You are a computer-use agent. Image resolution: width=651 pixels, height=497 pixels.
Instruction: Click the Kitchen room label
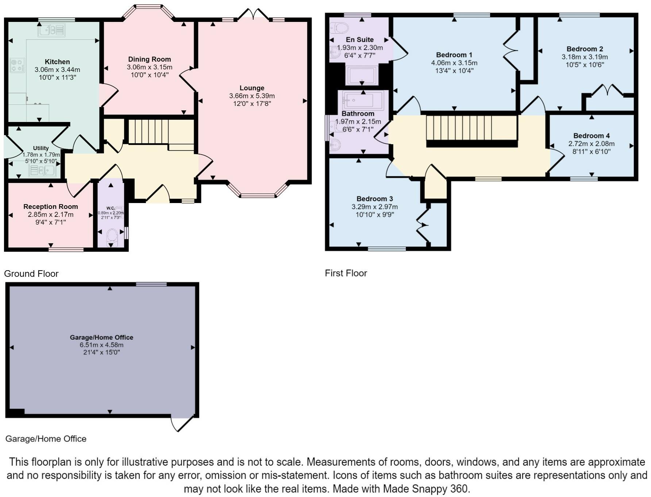57,62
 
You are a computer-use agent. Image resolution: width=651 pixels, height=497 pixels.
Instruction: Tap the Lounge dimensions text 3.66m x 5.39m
252,96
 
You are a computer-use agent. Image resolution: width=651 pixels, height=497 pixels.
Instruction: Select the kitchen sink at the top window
52,30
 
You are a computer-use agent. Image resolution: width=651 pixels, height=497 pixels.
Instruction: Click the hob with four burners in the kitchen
17,65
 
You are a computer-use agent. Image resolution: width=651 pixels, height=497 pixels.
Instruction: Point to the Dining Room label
150,59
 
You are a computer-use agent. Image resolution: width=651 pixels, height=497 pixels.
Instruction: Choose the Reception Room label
51,207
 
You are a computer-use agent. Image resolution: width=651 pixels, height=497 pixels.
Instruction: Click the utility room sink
42,171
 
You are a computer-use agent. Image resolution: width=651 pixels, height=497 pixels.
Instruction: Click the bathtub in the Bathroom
363,100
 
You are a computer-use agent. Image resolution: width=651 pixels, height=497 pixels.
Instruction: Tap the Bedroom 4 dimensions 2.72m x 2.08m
592,144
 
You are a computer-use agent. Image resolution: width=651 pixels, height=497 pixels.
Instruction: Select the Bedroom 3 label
375,199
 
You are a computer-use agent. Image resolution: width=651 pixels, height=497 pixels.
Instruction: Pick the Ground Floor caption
31,274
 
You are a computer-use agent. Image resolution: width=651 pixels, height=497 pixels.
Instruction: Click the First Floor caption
346,273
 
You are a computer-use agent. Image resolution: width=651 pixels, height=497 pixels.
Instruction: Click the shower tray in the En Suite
362,76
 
